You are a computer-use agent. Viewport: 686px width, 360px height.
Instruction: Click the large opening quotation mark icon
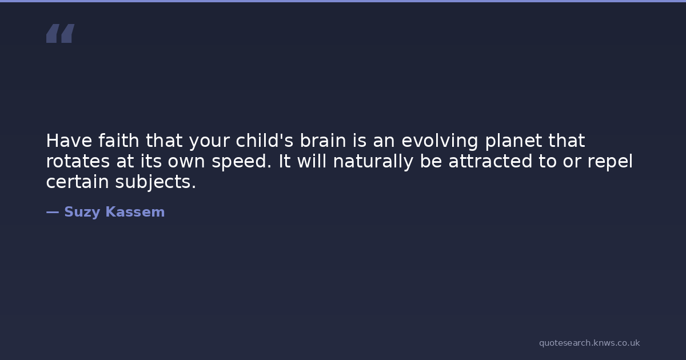(61, 33)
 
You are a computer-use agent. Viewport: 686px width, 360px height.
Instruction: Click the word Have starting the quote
(69, 141)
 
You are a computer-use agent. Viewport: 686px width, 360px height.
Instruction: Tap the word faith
(119, 141)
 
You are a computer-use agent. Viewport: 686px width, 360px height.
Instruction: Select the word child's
(265, 141)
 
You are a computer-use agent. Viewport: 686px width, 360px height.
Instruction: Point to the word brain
(323, 141)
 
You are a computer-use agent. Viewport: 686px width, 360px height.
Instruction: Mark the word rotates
(78, 162)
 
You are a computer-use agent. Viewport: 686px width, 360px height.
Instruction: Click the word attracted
(490, 161)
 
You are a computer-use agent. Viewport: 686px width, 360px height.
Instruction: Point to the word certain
(78, 182)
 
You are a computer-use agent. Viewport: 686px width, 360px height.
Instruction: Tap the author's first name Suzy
(82, 213)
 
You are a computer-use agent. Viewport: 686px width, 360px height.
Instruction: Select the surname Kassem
(135, 212)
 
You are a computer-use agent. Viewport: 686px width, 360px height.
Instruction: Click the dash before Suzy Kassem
(53, 212)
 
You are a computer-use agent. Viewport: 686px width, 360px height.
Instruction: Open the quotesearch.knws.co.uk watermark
(589, 343)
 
